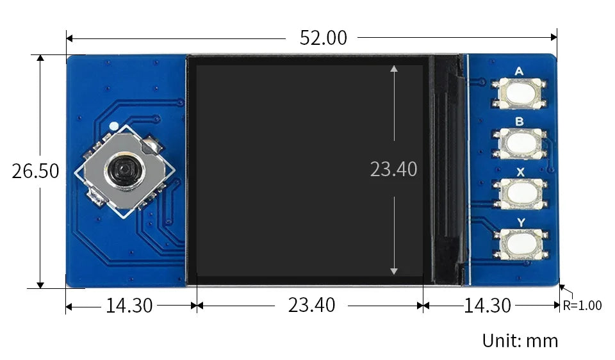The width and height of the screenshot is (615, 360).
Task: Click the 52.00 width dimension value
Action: [323, 38]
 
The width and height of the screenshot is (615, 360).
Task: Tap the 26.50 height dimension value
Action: [35, 171]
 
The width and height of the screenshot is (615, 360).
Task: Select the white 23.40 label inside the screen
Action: [393, 169]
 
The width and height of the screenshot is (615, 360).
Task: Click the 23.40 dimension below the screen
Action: [311, 305]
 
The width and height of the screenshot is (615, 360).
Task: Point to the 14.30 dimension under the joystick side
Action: [129, 306]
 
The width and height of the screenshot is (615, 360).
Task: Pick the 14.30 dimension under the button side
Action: [487, 306]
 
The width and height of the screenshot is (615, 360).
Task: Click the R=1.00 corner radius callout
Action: [582, 306]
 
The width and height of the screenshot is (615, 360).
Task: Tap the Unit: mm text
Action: [520, 341]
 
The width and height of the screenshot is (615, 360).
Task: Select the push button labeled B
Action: [520, 143]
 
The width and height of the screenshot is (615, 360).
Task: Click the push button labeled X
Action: [520, 193]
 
